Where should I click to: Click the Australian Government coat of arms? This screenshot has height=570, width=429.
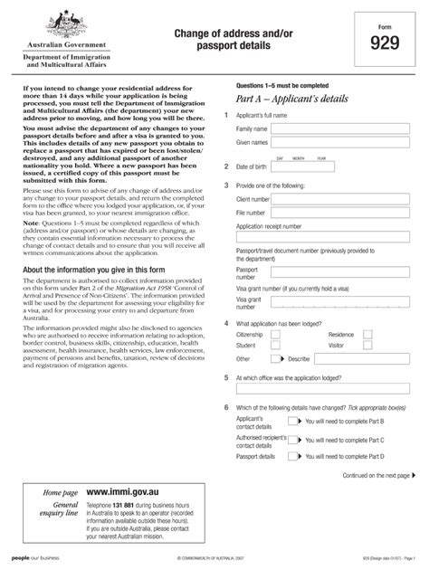(x=63, y=22)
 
